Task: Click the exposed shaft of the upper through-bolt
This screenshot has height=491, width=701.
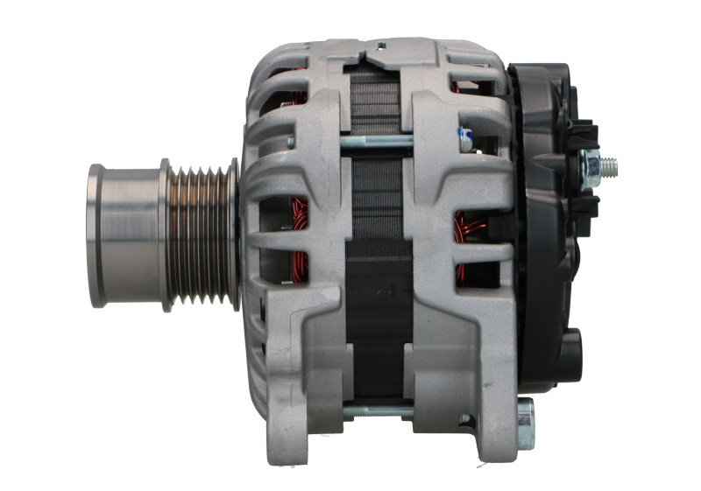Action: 377,140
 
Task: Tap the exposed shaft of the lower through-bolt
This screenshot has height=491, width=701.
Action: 377,410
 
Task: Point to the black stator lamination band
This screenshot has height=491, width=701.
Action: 377,263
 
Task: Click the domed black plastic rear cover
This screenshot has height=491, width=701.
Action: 548,228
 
